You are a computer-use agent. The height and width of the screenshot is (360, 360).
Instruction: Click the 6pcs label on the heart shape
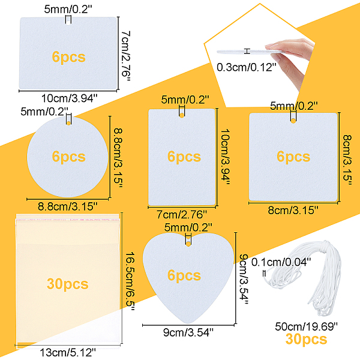tap(184, 275)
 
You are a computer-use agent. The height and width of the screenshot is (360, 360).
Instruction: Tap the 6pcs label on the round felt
tap(69, 157)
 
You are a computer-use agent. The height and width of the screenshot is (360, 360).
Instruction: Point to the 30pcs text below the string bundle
tap(307, 340)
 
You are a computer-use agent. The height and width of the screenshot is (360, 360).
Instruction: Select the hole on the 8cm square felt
tap(293, 122)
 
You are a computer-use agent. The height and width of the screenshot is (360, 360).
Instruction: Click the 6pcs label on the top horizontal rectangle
tap(68, 58)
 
